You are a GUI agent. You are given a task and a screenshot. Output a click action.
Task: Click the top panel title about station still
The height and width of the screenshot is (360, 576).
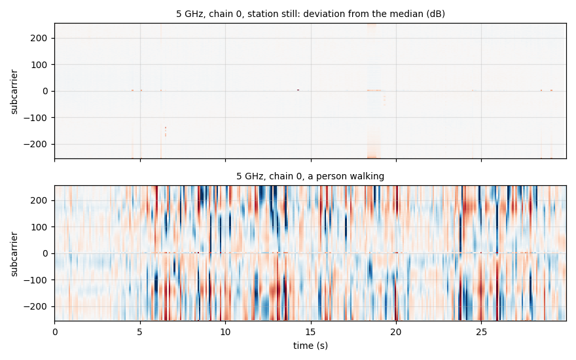click(310, 14)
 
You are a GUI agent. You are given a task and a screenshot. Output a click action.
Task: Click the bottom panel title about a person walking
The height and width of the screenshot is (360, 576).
click(310, 176)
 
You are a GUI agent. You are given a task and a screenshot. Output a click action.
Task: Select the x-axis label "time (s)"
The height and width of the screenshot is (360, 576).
click(310, 346)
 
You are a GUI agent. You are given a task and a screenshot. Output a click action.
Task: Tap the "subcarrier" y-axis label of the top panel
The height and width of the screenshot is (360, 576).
click(14, 92)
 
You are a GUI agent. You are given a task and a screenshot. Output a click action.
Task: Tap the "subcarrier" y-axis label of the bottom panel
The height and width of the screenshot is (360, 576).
click(14, 254)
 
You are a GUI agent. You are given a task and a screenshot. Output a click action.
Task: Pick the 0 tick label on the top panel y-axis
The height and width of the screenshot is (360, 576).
click(46, 91)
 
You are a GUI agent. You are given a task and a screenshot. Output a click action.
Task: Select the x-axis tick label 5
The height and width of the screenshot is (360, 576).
click(140, 332)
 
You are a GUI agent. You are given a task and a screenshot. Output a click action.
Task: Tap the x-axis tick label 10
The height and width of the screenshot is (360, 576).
click(225, 332)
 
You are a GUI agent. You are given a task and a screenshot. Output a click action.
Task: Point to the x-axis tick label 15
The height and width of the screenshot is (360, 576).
click(311, 332)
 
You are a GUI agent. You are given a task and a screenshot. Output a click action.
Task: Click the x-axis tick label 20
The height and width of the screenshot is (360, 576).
click(396, 332)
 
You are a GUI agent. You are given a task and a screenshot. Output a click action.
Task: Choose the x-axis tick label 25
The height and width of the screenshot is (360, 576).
click(481, 332)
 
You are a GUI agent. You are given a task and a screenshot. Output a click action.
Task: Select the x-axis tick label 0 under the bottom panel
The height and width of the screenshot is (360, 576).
click(55, 332)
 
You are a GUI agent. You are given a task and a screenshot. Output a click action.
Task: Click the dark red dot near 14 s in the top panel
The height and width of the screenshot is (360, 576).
click(298, 90)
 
